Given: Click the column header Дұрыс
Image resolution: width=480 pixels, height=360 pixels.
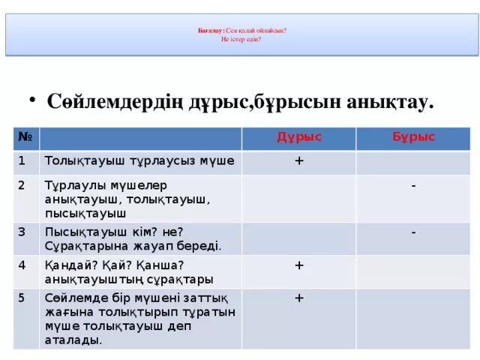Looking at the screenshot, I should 299,136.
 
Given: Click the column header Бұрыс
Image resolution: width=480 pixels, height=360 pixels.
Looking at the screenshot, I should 413,137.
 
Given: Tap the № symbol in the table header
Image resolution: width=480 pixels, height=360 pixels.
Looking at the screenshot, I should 24,137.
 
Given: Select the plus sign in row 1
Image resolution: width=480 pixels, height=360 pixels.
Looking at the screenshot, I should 298,160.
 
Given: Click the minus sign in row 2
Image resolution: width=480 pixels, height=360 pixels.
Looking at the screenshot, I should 414,184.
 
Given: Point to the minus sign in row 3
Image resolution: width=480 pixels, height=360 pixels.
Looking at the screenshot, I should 414,232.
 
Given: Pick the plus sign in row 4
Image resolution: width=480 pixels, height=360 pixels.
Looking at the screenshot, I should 298,265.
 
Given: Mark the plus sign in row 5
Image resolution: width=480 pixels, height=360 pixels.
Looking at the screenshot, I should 298,298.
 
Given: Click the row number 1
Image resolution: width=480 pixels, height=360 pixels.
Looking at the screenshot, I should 22,160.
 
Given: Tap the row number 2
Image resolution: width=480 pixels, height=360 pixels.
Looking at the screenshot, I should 22,184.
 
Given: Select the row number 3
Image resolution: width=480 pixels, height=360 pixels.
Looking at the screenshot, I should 22,231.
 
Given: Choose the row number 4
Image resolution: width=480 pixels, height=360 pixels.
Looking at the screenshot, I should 22,264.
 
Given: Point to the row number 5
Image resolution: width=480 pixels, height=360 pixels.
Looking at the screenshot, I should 22,296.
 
